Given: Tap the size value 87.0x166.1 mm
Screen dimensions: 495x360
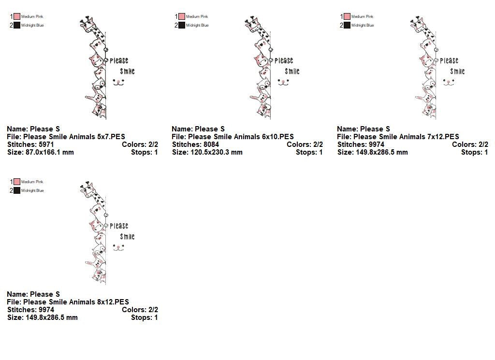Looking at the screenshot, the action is click(50, 152).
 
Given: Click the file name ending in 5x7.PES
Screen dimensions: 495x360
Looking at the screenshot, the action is click(74, 137).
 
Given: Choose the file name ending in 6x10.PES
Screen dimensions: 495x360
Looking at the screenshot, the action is click(241, 137).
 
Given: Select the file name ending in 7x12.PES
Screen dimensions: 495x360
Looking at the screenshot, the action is click(406, 137).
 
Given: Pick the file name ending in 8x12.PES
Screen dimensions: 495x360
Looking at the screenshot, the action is click(76, 302).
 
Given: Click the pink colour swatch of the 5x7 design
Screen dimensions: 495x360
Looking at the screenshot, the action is click(17, 16).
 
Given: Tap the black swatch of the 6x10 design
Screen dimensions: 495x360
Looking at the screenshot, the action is click(182, 25).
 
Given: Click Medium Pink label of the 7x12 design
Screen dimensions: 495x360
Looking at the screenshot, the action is click(362, 16).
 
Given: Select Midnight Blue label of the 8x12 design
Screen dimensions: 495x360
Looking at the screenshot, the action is click(32, 190).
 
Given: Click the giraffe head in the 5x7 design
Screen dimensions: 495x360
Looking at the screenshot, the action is click(88, 24).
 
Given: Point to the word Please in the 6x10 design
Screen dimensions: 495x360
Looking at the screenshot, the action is click(284, 60).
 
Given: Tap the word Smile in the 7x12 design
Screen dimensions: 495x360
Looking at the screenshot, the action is click(457, 72).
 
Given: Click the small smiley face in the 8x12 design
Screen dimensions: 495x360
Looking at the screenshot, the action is click(119, 248).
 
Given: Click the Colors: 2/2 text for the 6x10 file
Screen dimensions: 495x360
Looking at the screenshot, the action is click(305, 144).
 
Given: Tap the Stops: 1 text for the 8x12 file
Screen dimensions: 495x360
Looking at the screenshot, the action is click(144, 318).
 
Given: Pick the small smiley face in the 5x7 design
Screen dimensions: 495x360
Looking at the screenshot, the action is click(119, 82).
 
